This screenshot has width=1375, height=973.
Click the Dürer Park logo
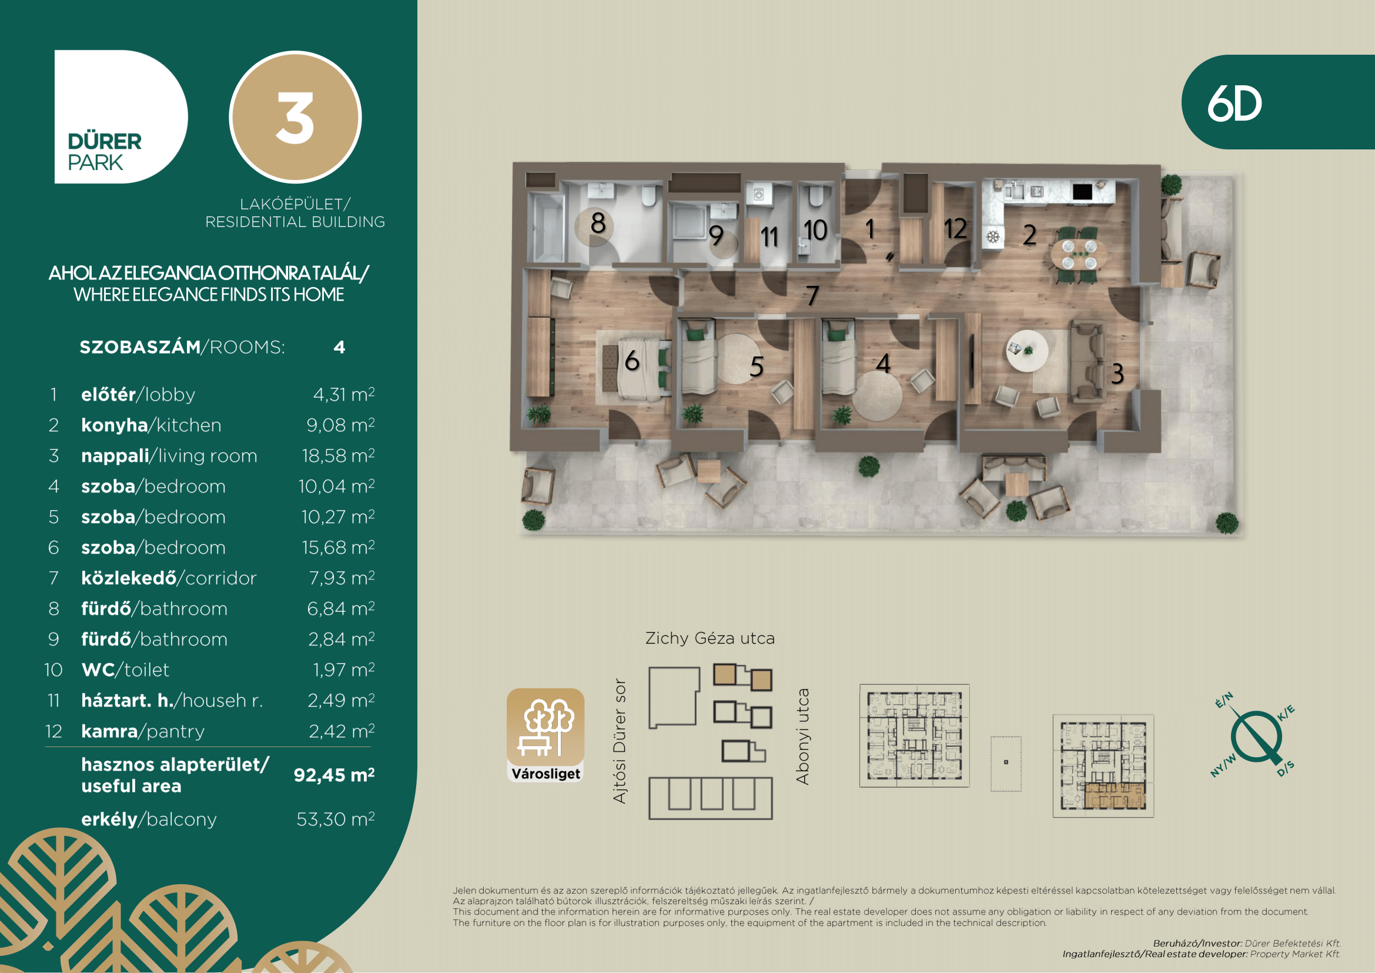[121, 117]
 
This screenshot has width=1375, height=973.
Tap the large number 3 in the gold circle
[295, 118]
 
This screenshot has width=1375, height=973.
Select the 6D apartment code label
[1235, 104]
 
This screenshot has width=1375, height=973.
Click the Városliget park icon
[546, 735]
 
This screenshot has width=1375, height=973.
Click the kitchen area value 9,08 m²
[340, 425]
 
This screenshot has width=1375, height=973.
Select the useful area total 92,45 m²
[334, 775]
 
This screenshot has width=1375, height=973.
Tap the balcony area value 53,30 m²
[335, 819]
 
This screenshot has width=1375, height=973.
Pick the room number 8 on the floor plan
[598, 223]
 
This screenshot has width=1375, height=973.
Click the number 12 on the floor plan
[955, 228]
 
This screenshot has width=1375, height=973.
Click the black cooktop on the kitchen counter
[1082, 192]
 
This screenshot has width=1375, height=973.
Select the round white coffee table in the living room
[1027, 351]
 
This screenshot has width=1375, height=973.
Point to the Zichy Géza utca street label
[710, 638]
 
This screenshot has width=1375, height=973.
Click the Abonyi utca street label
[802, 736]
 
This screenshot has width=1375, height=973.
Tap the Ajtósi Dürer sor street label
[620, 741]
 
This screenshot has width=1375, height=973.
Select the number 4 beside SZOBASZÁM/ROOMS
[340, 348]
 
